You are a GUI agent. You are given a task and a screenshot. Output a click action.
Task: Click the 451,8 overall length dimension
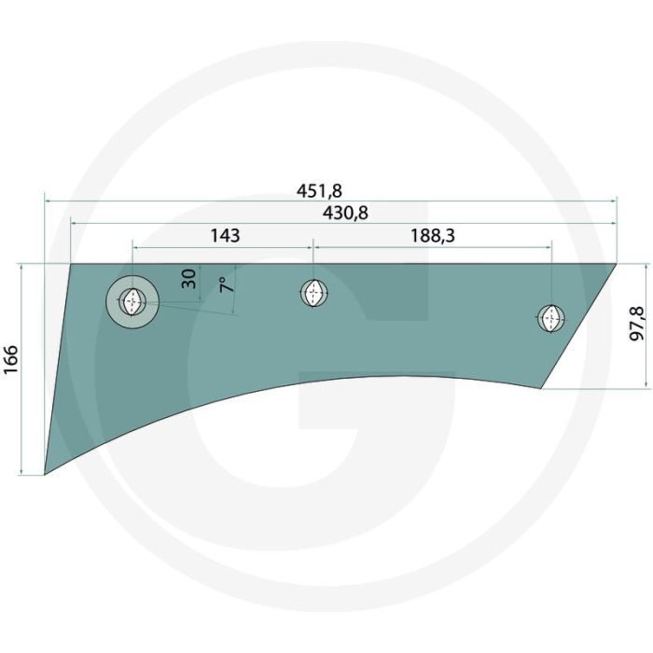pyautogui.click(x=319, y=190)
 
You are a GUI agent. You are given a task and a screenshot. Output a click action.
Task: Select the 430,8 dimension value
pyautogui.click(x=346, y=214)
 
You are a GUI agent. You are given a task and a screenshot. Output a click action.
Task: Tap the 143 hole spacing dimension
pyautogui.click(x=225, y=236)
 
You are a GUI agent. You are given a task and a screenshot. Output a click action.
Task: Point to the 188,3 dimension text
pyautogui.click(x=433, y=236)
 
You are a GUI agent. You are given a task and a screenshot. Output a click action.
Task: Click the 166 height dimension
pyautogui.click(x=11, y=359)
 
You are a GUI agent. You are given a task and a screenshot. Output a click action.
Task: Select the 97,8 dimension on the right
pyautogui.click(x=637, y=324)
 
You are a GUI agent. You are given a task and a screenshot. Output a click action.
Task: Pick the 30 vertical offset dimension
pyautogui.click(x=188, y=279)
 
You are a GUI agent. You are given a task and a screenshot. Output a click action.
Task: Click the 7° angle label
pyautogui.click(x=227, y=285)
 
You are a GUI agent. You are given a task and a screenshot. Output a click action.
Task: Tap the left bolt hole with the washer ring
pyautogui.click(x=132, y=301)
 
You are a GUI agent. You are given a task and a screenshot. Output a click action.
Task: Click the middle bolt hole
pyautogui.click(x=313, y=293)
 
